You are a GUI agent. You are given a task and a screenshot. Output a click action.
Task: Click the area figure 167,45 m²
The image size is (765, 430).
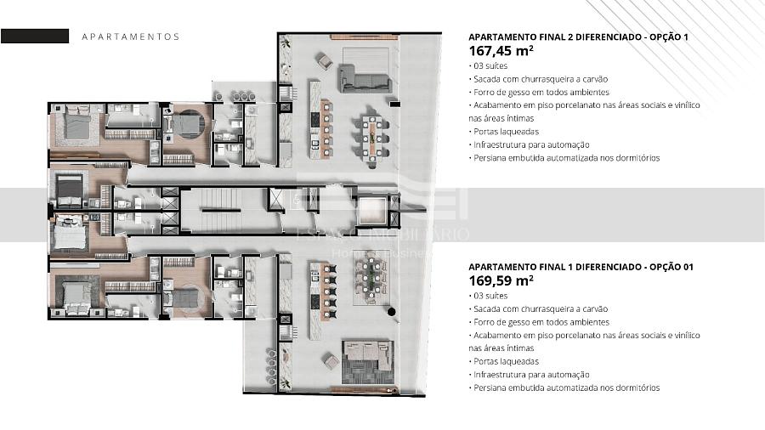coord(501,51)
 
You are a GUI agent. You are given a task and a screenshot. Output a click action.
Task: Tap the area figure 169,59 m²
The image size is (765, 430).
coord(501,280)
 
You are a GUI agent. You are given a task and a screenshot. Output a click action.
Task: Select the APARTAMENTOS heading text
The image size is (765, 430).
coord(131,37)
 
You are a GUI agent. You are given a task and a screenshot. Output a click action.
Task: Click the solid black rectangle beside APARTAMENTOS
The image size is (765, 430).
coord(35,36)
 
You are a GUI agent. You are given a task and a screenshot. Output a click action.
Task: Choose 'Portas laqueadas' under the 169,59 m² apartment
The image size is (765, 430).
coord(504,362)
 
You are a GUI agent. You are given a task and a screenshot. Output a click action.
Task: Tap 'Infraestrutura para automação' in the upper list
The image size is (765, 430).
coord(530,144)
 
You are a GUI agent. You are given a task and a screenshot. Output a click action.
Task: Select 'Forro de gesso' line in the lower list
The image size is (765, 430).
coord(539,322)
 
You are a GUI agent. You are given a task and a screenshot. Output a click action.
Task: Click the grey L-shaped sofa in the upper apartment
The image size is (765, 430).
coord(365,79)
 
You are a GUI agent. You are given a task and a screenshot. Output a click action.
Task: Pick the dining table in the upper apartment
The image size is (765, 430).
coord(373,138)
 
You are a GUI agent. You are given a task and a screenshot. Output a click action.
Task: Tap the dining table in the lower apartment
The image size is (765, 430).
coord(371,280)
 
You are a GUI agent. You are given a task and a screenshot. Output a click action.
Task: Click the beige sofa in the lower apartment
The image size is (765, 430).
coord(368,356)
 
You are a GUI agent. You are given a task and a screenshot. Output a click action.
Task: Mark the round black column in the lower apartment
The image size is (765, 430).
coord(391,311)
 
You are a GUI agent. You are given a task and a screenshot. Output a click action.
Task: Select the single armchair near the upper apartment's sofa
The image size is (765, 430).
coord(325,60)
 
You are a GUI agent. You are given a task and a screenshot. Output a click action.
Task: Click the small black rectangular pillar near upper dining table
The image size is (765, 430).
coord(394,104)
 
